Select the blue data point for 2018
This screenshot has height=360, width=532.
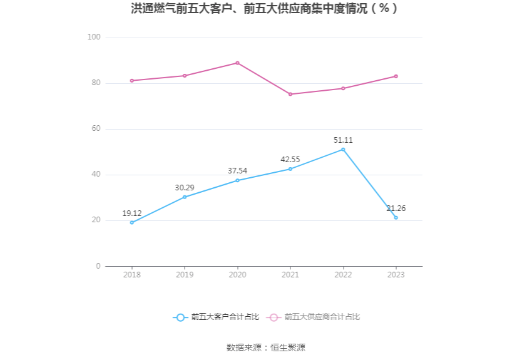131,222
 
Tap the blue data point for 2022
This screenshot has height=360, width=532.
343,150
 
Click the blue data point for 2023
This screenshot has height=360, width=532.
396,217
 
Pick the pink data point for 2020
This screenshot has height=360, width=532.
237,63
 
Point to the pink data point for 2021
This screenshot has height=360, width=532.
290,94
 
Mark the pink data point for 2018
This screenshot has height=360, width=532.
131,80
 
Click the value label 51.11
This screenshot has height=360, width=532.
343,140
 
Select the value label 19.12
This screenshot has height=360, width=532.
131,213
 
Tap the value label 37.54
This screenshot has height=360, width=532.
237,170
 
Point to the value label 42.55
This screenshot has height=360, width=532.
290,160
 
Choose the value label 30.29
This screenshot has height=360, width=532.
185,187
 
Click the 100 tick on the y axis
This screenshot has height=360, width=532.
94,38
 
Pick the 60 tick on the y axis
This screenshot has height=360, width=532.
96,129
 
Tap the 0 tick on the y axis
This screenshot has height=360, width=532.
98,266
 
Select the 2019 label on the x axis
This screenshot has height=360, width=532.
185,275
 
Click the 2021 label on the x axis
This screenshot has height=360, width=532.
290,275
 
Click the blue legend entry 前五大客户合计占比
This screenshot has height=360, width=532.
216,317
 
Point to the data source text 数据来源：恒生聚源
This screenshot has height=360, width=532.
265,347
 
